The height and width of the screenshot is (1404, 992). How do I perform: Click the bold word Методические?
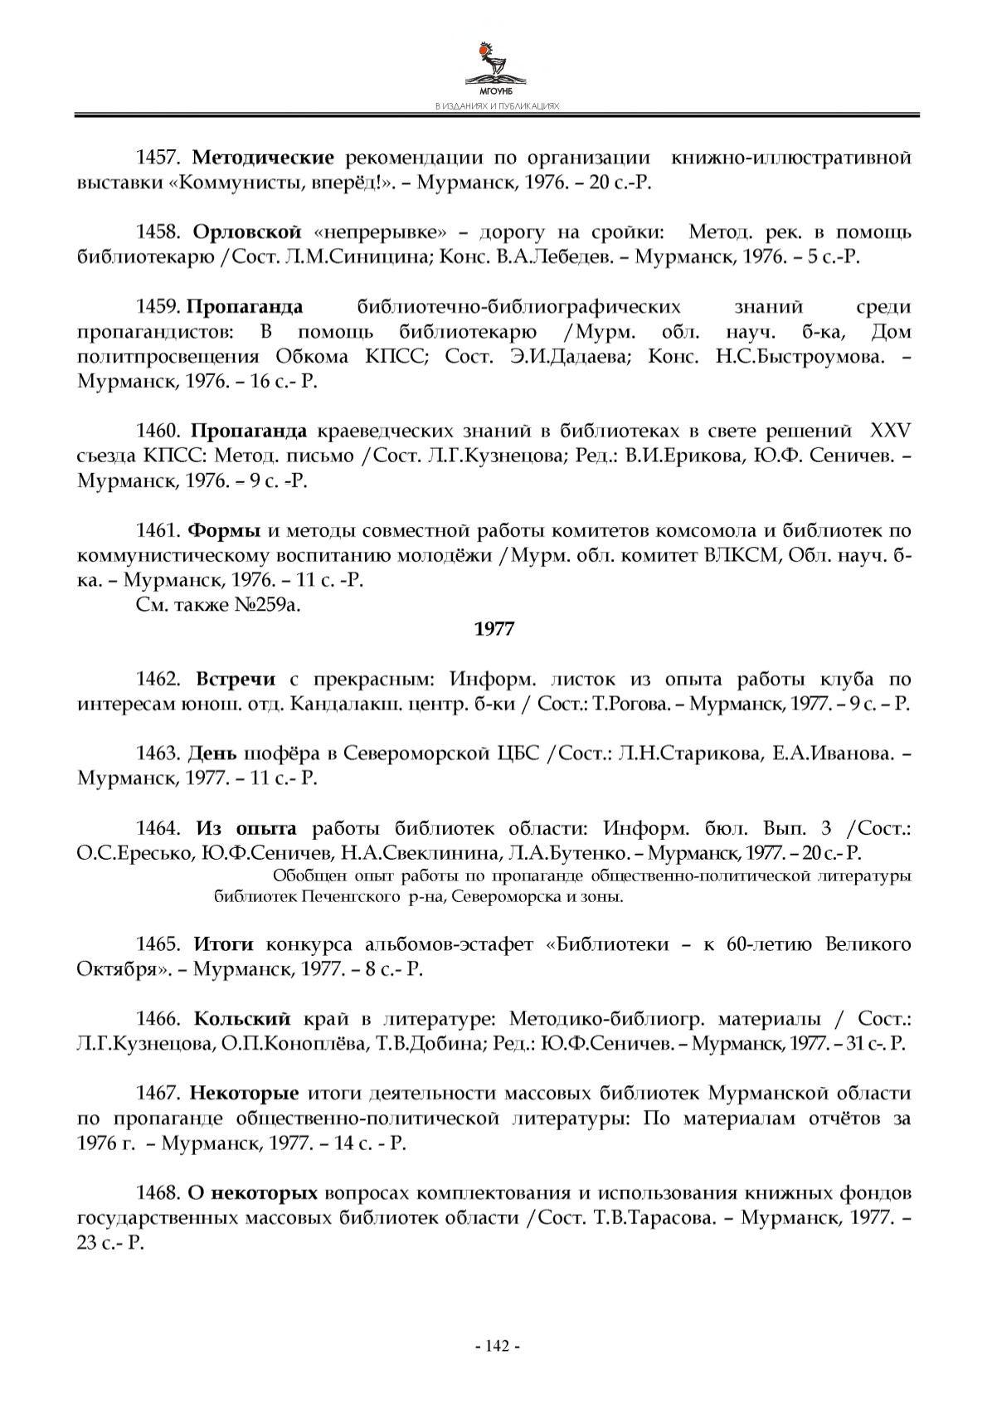263,158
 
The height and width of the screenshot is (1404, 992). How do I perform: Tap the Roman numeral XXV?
890,431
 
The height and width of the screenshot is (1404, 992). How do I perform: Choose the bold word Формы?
225,531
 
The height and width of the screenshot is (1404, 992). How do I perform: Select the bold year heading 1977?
494,630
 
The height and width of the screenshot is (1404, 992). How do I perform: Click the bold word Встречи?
236,680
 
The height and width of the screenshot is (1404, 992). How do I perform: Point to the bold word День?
212,754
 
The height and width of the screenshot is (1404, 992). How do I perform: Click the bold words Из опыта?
246,829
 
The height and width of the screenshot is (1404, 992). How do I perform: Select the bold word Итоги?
223,944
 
